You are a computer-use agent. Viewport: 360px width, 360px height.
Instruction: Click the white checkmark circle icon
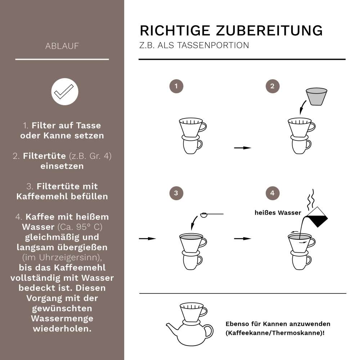[65, 91]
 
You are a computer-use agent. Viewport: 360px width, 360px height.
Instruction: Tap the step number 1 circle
[176, 86]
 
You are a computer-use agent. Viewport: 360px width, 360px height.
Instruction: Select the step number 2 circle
[272, 86]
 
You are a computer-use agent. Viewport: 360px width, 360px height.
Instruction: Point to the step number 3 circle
[176, 193]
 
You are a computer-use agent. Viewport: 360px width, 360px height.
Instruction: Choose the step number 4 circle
[272, 193]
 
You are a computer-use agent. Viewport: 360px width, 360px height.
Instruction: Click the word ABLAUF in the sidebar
[62, 46]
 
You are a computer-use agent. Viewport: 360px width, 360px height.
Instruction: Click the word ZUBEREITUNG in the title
[269, 31]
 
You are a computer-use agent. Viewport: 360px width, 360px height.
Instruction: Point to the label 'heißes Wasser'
[278, 213]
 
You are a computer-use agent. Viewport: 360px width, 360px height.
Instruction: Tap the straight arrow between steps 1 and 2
[242, 148]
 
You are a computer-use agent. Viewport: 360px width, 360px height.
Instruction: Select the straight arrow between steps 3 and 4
[242, 238]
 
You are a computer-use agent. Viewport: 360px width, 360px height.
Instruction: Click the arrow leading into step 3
[147, 238]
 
